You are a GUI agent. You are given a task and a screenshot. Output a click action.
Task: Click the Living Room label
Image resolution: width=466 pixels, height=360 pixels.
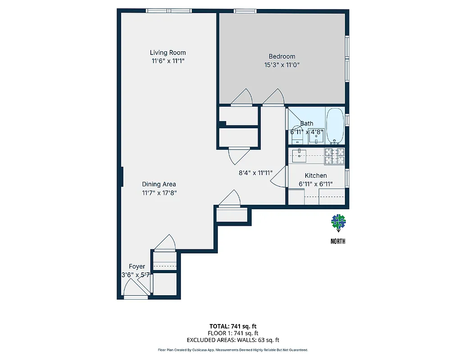(167, 53)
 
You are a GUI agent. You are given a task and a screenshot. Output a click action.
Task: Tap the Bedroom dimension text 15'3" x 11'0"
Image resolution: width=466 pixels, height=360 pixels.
(282, 65)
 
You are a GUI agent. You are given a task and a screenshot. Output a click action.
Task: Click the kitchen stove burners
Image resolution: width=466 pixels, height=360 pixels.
(335, 156)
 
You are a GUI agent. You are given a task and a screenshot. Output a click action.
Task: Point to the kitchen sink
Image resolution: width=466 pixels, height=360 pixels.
(299, 156)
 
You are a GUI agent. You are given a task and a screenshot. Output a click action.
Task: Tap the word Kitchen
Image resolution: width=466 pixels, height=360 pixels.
(316, 175)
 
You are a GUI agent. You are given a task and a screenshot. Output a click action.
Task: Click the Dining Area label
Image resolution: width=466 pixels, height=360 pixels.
(159, 184)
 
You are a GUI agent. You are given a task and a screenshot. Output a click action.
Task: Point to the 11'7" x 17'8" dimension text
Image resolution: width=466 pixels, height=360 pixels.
(159, 193)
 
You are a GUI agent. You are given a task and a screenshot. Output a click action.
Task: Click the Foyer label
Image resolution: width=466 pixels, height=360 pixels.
(137, 266)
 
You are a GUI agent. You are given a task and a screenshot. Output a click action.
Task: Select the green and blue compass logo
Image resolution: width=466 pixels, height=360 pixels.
(338, 221)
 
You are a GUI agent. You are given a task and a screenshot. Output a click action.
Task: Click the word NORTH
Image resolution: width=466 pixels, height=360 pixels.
(338, 241)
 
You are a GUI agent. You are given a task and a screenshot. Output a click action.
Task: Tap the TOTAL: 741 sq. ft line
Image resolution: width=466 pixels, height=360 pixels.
(233, 326)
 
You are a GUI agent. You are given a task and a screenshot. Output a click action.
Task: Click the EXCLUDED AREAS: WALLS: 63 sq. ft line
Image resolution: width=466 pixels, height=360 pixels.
(233, 340)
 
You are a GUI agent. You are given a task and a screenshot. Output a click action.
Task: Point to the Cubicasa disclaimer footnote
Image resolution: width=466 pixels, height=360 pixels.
(233, 350)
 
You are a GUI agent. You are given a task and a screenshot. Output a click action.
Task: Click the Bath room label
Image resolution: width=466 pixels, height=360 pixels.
(307, 123)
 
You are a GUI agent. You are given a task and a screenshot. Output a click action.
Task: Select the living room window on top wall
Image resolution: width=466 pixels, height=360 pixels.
(169, 11)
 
